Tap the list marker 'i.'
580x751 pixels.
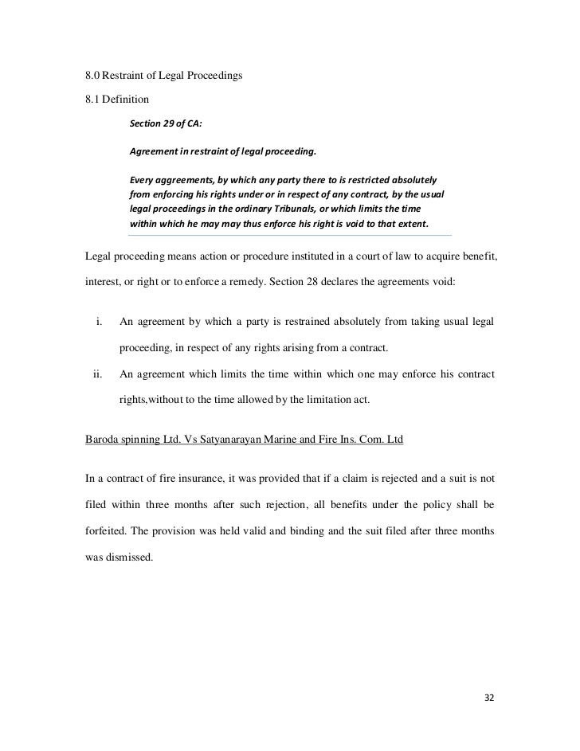click(100, 322)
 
